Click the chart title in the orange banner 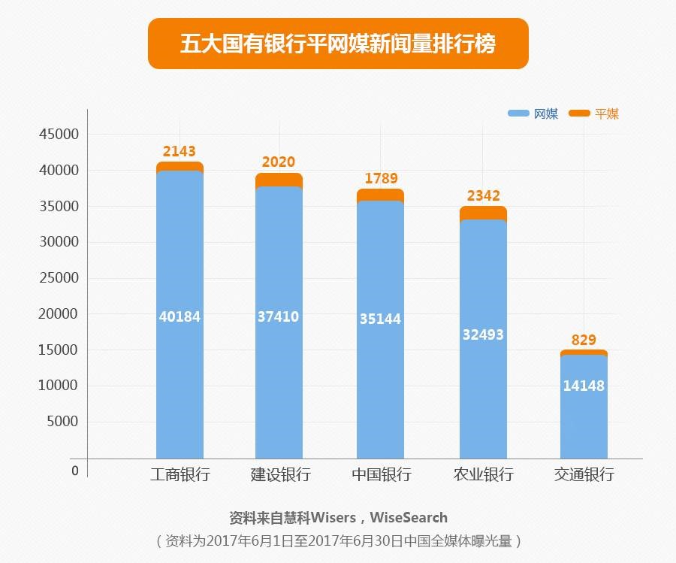click(338, 44)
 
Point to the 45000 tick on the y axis click(58, 135)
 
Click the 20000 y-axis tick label click(58, 314)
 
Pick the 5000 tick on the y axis click(62, 422)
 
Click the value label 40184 click(180, 317)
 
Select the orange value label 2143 click(179, 152)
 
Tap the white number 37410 click(278, 317)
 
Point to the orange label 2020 click(279, 162)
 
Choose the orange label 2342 click(483, 196)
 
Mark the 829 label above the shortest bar click(584, 341)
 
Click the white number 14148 click(584, 386)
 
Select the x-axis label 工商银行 click(180, 475)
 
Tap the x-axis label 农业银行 click(483, 475)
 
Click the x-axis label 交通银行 click(584, 475)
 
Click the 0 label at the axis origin click(75, 471)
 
